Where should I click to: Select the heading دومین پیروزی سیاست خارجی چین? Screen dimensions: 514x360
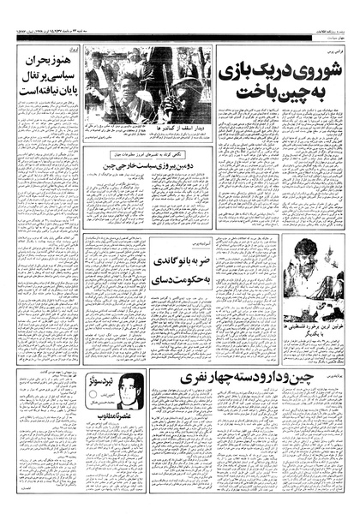(147, 168)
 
